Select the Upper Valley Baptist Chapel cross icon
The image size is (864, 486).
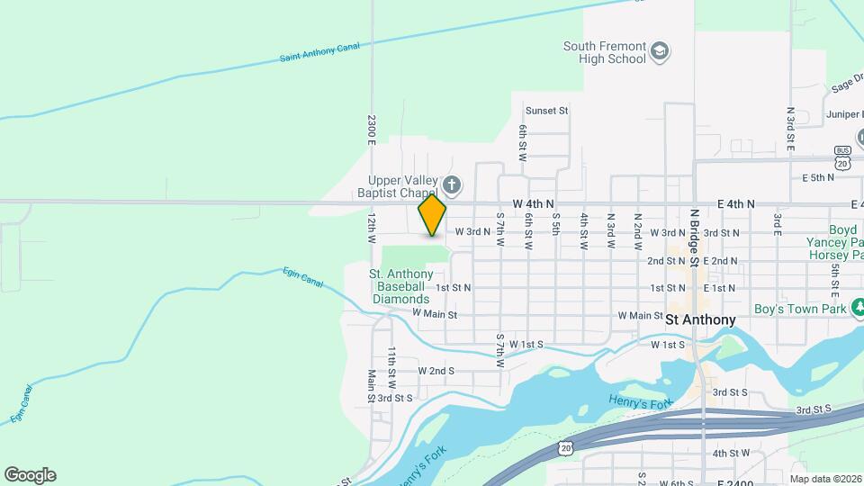coord(452,186)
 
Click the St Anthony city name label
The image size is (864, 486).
coord(700,319)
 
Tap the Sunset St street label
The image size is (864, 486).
coord(547,111)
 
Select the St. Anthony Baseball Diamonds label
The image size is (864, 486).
coord(400,286)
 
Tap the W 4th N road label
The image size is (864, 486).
coord(534,205)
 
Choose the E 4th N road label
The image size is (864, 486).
coord(735,205)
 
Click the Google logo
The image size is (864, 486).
coord(30,475)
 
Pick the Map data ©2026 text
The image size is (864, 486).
coord(825,479)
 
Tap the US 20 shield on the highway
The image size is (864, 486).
coord(564,447)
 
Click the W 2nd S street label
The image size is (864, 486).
coord(436,371)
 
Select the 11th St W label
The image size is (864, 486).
coord(392,362)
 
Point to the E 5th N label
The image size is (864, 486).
coord(819,178)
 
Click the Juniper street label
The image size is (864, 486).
coord(843,115)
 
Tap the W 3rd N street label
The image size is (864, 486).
coord(472,231)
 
